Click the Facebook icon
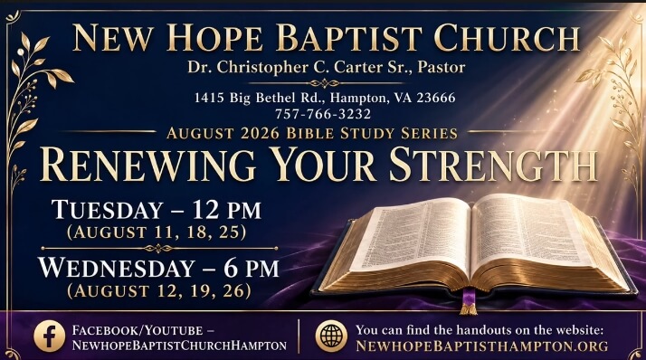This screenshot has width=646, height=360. [x=50, y=336]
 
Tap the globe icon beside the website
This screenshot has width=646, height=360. [x=331, y=336]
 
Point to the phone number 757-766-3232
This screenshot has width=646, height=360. [x=323, y=114]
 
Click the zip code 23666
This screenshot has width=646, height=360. [x=436, y=98]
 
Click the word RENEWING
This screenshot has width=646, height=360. [x=147, y=165]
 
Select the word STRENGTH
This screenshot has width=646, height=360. [x=493, y=165]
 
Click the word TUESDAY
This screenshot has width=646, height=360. [x=108, y=210]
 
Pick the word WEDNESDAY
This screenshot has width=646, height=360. [x=117, y=268]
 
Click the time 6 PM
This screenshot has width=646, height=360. [x=252, y=268]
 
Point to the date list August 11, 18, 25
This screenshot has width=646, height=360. [x=157, y=232]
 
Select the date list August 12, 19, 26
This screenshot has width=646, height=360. [x=159, y=290]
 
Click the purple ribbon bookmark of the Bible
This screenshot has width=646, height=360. [x=469, y=301]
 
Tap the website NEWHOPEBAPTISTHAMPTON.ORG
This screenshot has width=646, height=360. [x=481, y=346]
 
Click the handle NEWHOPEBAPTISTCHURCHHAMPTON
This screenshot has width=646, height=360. [x=179, y=346]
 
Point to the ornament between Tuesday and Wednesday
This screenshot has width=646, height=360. [x=159, y=249]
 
